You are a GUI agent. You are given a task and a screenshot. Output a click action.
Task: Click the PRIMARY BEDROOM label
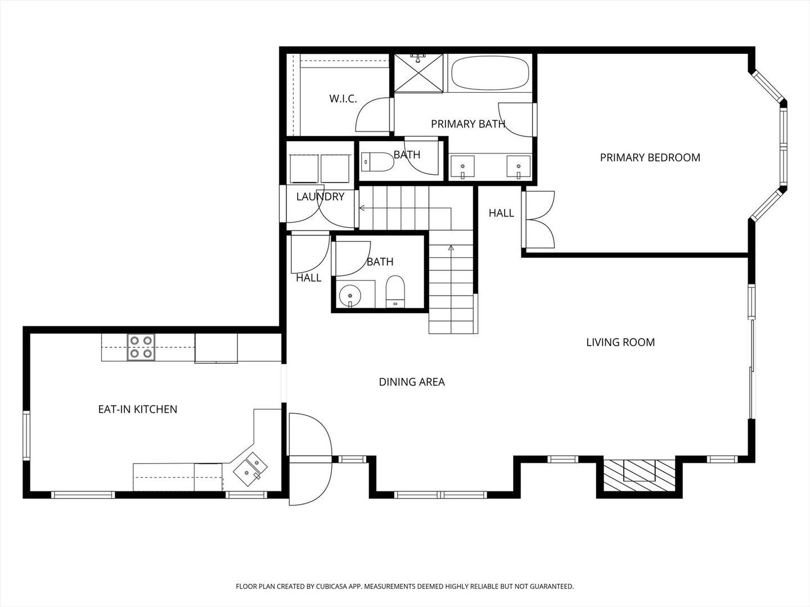pos(650,158)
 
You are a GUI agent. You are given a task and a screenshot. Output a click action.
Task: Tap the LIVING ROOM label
pos(620,342)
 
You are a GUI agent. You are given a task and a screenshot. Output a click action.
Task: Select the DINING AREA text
pos(412,382)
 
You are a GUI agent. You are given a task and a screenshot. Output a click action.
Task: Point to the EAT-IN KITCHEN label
pos(138,409)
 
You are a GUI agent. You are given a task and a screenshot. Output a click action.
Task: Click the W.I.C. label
pos(343,99)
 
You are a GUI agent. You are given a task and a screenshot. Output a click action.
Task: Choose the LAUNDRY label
pos(320,197)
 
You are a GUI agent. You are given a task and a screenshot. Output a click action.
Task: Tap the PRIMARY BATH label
pos(468,124)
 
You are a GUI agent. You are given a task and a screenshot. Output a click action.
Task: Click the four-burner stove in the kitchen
pos(141,347)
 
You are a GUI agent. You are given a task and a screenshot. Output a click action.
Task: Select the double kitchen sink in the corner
pos(250,468)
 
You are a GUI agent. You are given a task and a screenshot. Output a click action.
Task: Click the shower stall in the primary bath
pos(418,73)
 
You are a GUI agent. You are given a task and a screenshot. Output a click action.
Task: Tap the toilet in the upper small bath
pos(377,162)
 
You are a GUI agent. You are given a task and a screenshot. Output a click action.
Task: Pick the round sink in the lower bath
pos(349,295)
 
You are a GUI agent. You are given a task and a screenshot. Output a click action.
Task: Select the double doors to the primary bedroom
pos(538,220)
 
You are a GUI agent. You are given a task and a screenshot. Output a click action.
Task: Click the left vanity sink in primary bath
pos(463,166)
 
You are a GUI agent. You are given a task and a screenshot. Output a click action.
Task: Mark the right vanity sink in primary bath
pos(519,166)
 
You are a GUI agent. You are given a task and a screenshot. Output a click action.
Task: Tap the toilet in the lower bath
pos(395,292)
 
